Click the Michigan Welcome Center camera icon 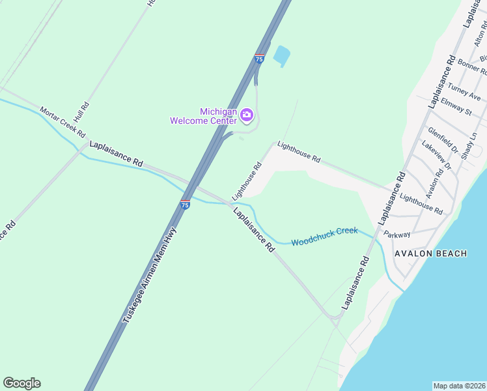pyautogui.click(x=247, y=115)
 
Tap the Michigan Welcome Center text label pyautogui.click(x=204, y=115)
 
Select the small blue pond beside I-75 pyautogui.click(x=282, y=56)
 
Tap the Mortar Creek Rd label pyautogui.click(x=63, y=122)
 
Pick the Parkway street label pyautogui.click(x=397, y=235)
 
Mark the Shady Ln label pyautogui.click(x=469, y=147)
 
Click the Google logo pyautogui.click(x=21, y=383)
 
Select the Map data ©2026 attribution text pyautogui.click(x=460, y=385)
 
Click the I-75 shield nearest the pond pyautogui.click(x=259, y=59)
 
